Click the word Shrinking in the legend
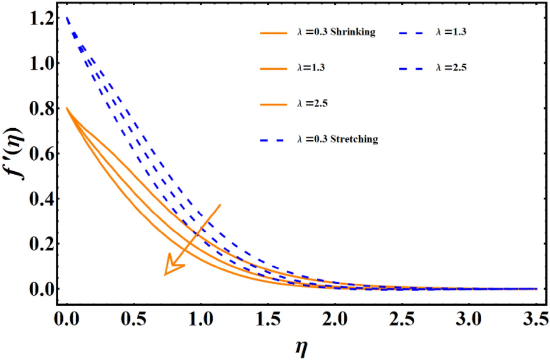(x=353, y=33)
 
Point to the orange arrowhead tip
(x=165, y=274)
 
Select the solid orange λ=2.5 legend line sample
(x=273, y=103)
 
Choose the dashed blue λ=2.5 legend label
(x=450, y=68)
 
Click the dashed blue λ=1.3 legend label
(x=450, y=33)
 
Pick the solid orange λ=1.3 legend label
(x=309, y=68)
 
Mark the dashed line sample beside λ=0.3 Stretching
(x=273, y=139)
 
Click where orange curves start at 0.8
(x=66, y=108)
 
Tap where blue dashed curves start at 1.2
(x=66, y=19)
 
